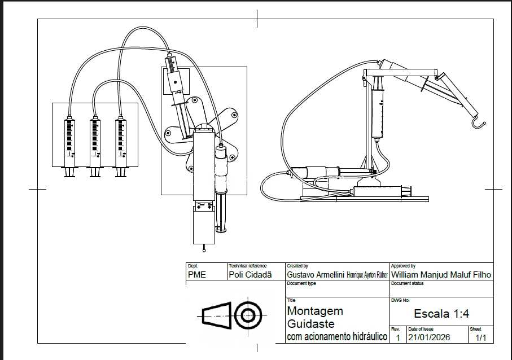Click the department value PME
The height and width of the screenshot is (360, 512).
197,275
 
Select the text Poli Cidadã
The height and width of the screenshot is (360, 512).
250,275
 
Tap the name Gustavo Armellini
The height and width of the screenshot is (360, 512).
316,275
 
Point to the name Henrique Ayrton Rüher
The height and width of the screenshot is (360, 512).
367,275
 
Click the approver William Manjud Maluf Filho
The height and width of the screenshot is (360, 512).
441,275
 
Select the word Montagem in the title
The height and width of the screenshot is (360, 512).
315,311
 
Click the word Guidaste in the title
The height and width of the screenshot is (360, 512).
311,324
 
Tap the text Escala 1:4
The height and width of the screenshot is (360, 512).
441,314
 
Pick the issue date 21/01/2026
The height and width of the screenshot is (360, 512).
429,337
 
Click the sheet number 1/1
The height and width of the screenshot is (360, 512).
480,338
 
